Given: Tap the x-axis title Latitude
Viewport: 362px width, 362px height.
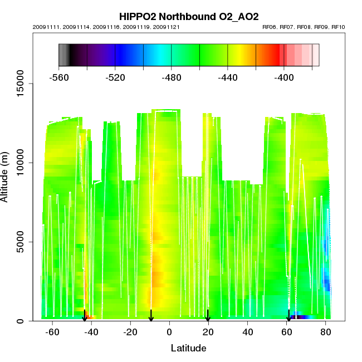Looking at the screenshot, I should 188,349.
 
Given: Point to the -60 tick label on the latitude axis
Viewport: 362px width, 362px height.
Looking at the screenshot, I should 52,332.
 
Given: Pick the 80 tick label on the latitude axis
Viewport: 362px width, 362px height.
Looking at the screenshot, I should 325,332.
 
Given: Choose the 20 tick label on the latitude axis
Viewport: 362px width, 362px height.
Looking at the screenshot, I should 208,332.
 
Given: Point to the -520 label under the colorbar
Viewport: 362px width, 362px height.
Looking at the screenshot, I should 115,78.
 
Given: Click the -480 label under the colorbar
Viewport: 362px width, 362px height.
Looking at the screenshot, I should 172,78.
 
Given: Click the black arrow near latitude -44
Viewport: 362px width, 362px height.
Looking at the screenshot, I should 85,316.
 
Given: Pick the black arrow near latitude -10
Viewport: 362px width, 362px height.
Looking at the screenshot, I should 151,316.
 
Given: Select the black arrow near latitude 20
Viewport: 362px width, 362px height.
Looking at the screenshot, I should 208,316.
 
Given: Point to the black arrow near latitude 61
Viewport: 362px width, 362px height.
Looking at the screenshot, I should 288,316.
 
